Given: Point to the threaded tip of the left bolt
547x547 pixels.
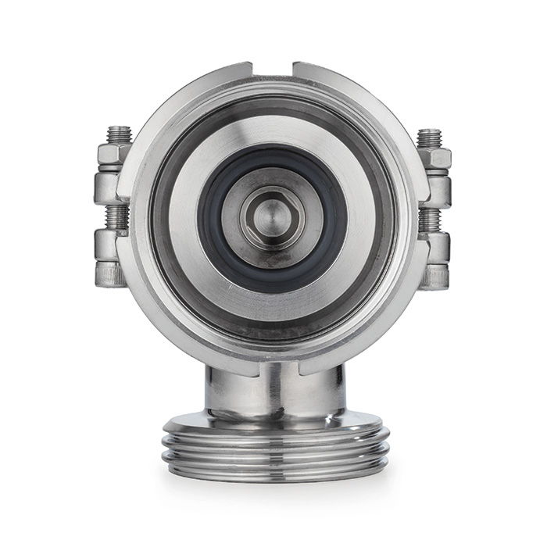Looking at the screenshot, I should pyautogui.click(x=119, y=135).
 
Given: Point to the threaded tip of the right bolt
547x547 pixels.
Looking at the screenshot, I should pyautogui.click(x=430, y=137).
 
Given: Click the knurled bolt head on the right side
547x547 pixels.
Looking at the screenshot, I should pyautogui.click(x=435, y=275).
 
